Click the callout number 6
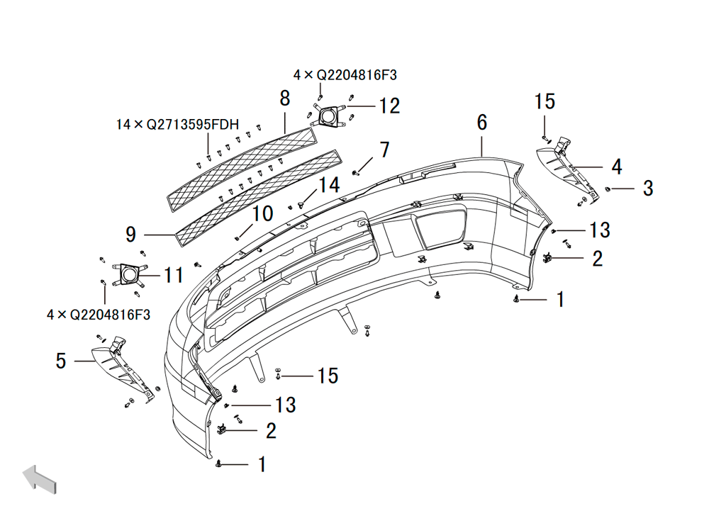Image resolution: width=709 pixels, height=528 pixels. tap(482, 123)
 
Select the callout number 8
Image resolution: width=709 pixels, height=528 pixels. tap(285, 98)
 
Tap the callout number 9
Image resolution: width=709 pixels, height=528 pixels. tap(130, 234)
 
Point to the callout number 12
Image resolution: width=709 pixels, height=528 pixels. tap(389, 106)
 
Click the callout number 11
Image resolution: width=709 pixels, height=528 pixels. tap(174, 275)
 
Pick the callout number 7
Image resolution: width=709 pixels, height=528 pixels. tap(385, 150)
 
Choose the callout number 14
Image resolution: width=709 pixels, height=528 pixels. tap(329, 185)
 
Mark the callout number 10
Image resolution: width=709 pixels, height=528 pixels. tap(262, 213)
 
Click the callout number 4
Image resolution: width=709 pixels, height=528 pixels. tap(617, 167)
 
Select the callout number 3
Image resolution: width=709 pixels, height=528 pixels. tap(648, 188)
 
